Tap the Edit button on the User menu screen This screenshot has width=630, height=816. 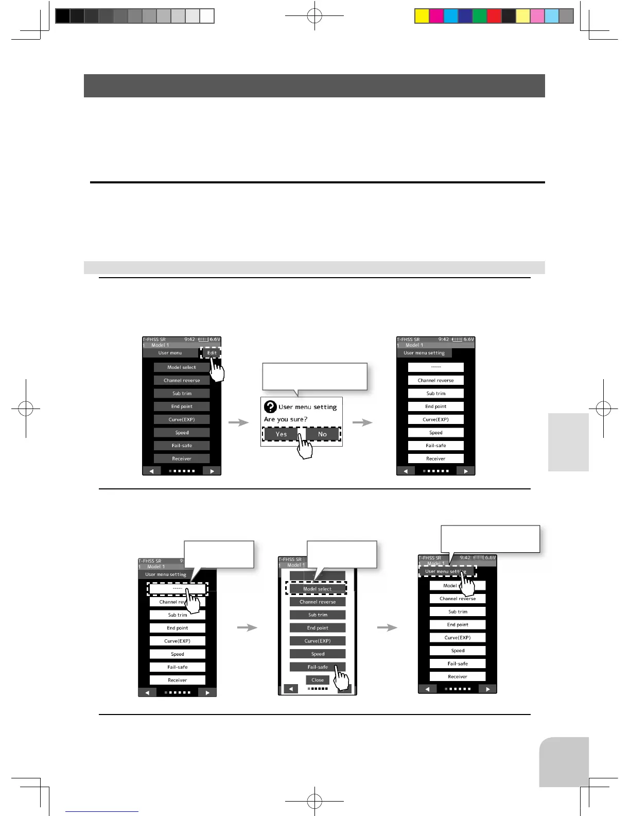pyautogui.click(x=211, y=353)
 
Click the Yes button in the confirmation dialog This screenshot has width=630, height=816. pyautogui.click(x=281, y=434)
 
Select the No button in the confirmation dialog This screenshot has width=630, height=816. pyautogui.click(x=323, y=434)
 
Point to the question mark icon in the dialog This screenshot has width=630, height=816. pyautogui.click(x=270, y=407)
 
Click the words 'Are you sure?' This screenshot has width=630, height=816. pyautogui.click(x=286, y=419)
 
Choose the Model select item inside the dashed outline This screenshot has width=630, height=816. pyautogui.click(x=317, y=588)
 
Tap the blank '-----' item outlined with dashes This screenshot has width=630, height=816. pyautogui.click(x=177, y=588)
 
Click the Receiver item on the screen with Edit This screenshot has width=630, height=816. pyautogui.click(x=182, y=458)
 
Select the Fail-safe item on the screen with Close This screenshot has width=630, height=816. pyautogui.click(x=317, y=667)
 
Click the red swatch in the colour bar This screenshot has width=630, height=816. pyautogui.click(x=494, y=16)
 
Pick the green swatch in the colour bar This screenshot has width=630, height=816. pyautogui.click(x=480, y=16)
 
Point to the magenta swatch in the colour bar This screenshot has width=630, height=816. pyautogui.click(x=436, y=16)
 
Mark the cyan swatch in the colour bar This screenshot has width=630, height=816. pyautogui.click(x=451, y=16)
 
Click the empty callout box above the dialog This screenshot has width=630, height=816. pyautogui.click(x=315, y=376)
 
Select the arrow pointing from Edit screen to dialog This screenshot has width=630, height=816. pyautogui.click(x=238, y=422)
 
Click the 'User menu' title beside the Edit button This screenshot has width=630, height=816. pyautogui.click(x=170, y=353)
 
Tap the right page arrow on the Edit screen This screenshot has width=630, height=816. pyautogui.click(x=212, y=471)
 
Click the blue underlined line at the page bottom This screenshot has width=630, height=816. pyautogui.click(x=102, y=811)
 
